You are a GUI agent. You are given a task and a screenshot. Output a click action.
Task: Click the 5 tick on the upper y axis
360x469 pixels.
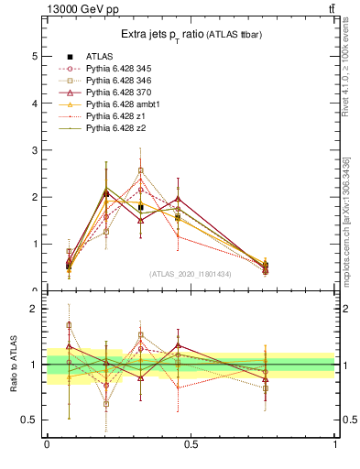tap(34, 56)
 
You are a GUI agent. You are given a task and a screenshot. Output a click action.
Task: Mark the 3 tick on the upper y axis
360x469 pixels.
tap(34, 150)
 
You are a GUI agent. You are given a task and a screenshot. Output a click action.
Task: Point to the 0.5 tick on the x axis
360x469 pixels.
tap(191, 444)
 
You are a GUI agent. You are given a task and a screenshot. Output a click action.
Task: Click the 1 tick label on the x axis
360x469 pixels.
tap(335, 444)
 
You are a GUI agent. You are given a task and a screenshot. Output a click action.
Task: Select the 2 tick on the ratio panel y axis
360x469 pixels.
tap(34, 309)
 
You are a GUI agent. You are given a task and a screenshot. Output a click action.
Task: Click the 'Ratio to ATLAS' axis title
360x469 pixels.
tap(14, 364)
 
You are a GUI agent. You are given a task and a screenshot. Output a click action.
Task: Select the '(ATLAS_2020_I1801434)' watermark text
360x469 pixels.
tap(191, 274)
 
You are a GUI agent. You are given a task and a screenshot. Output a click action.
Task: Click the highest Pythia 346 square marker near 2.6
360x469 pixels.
tap(141, 169)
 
